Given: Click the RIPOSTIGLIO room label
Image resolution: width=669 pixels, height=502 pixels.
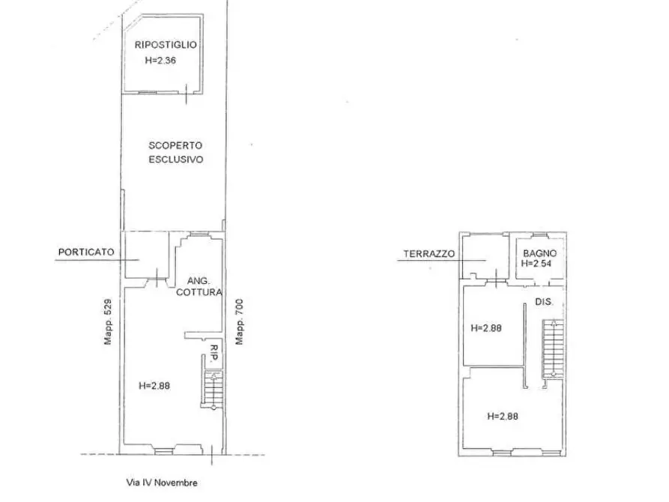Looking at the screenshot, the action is point(166,45).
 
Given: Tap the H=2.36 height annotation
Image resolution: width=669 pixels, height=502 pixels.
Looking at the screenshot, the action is point(160,61).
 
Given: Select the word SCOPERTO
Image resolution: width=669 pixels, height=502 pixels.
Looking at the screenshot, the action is point(175,145).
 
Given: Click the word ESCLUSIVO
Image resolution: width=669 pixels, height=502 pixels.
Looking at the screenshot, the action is point(176,160).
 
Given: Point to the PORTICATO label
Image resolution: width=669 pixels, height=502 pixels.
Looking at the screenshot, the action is point(86,252).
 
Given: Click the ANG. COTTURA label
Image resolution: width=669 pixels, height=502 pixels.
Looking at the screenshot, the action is point(199,286).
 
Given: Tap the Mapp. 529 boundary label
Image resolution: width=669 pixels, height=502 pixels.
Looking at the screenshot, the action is point(108,321).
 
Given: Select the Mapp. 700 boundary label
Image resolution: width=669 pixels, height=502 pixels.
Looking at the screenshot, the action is point(239,321).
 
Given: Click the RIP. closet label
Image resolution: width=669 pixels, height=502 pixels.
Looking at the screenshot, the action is point(214,353).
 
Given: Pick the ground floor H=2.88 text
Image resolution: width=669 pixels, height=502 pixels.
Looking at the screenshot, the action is point(154,386).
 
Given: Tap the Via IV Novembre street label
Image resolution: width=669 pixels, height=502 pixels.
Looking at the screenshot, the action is point(162,483).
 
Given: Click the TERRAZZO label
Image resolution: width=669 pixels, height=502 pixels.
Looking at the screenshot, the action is point(429,254).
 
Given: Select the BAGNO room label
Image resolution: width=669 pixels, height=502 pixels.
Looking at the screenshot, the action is point(539,253).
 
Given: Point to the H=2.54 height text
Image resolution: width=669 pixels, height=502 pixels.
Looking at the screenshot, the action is point(536,264).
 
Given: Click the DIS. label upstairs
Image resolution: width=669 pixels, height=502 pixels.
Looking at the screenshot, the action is point(544,302).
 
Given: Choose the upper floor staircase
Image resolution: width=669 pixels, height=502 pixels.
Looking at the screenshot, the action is point(553,348).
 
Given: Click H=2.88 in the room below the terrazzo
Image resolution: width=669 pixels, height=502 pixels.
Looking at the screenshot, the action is point(486,328).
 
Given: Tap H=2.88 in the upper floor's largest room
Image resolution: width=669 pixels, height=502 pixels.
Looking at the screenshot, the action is point(503,416).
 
